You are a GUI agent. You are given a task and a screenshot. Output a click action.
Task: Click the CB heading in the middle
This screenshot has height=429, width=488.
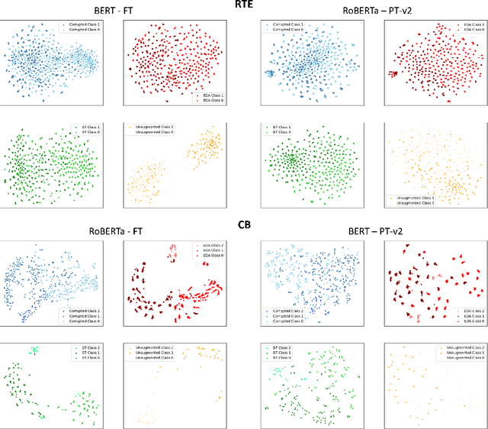(243, 225)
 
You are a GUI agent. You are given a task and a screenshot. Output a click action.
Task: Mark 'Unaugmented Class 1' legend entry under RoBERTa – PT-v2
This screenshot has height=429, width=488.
(416, 197)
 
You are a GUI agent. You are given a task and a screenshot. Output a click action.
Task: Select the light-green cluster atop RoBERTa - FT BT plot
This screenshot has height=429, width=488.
(34, 350)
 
